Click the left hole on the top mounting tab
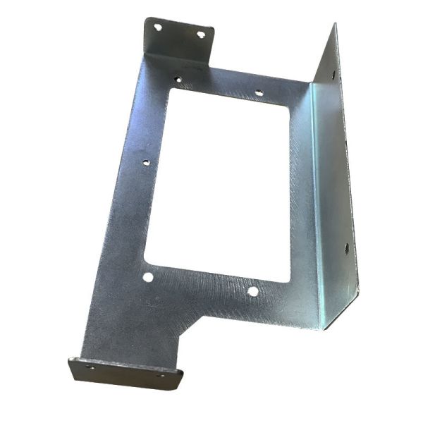click(x=158, y=27)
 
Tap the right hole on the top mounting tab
click(x=201, y=33)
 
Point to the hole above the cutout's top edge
click(x=259, y=92)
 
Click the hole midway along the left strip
click(x=146, y=162)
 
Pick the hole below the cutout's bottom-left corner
click(x=147, y=277)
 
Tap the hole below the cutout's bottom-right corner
click(x=252, y=290)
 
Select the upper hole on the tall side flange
click(x=329, y=73)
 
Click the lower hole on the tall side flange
click(x=346, y=247)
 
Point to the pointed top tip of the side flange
click(x=335, y=25)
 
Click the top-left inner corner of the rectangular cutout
click(x=171, y=90)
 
